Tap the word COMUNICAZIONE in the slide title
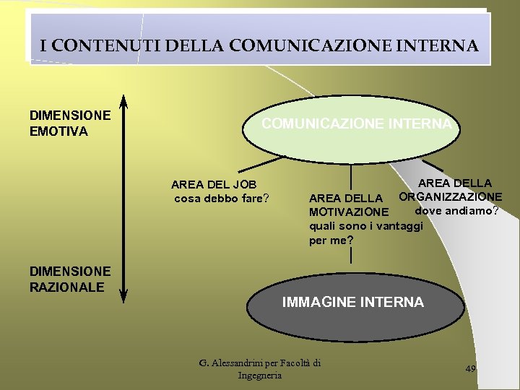coord(305,46)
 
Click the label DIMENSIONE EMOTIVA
coord(69,123)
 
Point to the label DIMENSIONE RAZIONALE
coord(69,279)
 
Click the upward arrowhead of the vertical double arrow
coord(123,100)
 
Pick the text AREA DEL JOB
coord(214,186)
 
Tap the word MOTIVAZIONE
coord(348,212)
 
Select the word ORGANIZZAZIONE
coord(450,197)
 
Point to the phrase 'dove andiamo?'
coord(456,211)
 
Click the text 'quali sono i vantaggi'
coord(365,226)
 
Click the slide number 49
coord(471,368)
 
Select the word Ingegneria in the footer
coord(260,376)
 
